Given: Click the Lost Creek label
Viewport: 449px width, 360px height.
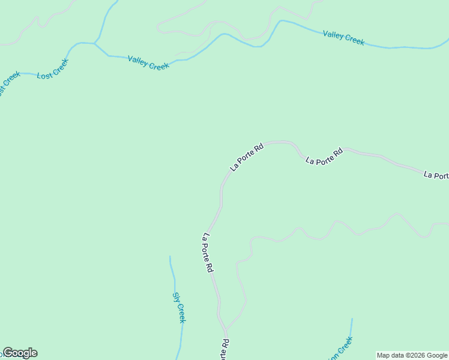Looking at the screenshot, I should (53, 68).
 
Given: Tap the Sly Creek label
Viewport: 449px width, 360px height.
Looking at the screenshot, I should (179, 307).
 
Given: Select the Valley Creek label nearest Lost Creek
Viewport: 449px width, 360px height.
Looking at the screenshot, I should (148, 63).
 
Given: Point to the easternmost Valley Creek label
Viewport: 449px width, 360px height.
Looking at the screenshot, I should (343, 38).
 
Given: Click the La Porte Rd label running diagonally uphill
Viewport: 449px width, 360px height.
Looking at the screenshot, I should (247, 157).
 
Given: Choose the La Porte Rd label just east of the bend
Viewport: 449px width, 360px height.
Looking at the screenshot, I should (324, 157).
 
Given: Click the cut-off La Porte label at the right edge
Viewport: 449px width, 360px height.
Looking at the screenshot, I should (436, 175).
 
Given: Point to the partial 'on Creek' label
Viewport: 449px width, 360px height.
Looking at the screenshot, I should (340, 347).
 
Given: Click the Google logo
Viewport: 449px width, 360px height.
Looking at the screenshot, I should (20, 353).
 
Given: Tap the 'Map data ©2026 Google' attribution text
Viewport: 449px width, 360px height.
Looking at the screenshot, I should (412, 355).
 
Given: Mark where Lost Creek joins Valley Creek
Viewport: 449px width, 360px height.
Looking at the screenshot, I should (94, 44).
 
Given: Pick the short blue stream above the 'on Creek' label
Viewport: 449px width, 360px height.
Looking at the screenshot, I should (351, 327).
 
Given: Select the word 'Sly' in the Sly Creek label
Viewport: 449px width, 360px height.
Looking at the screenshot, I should (176, 297).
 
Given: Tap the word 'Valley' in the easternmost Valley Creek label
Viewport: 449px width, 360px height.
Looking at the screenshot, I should (334, 35).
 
